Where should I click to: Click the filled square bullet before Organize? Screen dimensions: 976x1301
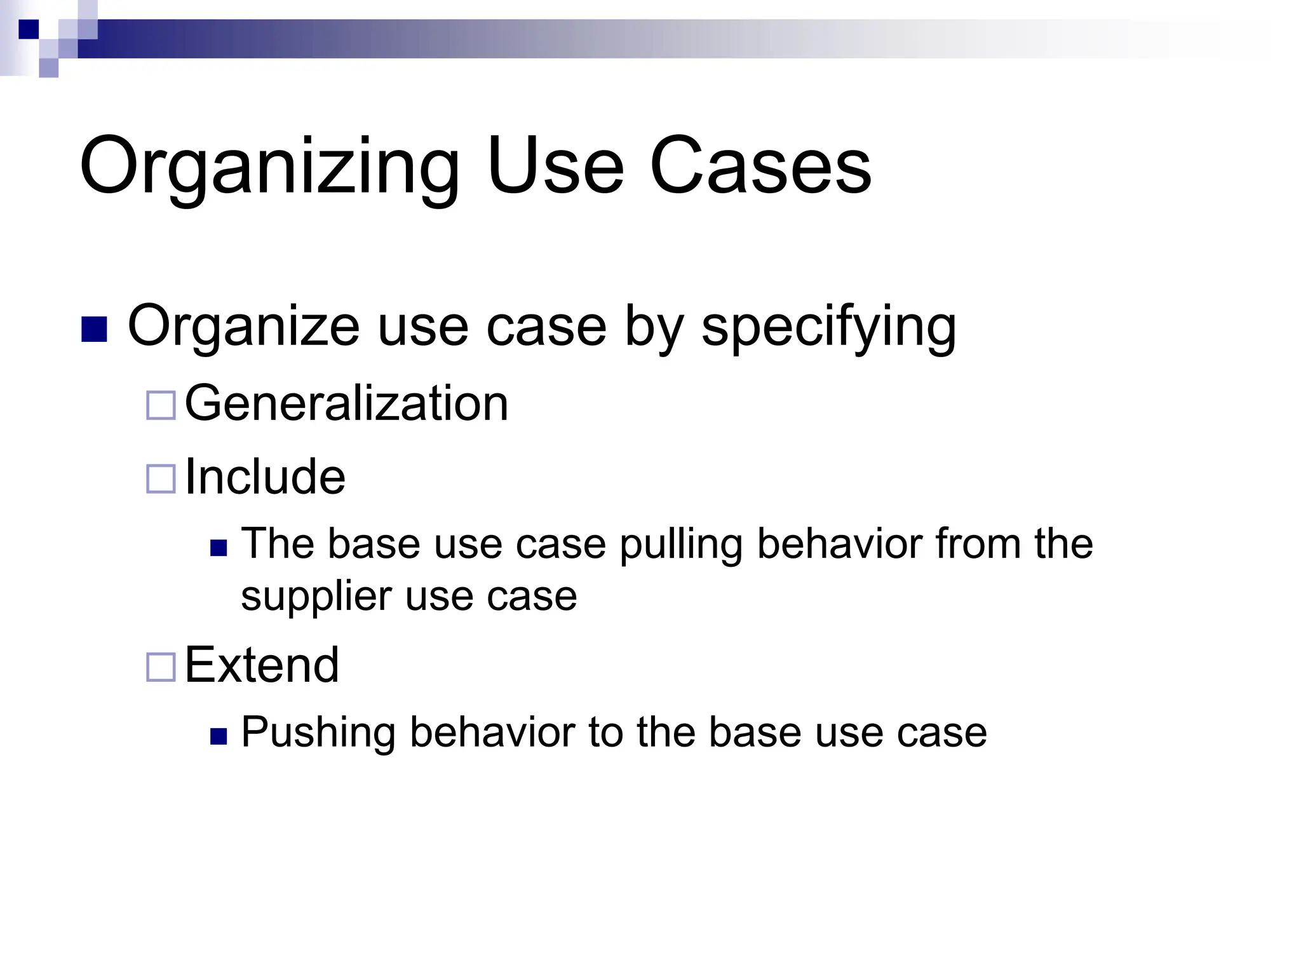click(94, 329)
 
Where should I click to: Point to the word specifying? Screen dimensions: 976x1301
click(828, 327)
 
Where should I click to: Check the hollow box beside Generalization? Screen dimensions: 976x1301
click(161, 405)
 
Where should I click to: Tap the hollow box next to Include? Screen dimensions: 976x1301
click(161, 479)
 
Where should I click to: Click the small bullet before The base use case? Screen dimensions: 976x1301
click(219, 548)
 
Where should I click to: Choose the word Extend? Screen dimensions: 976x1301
click(262, 665)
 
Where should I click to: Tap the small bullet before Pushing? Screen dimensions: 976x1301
click(219, 736)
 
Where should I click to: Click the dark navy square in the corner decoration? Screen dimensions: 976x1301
click(29, 29)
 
